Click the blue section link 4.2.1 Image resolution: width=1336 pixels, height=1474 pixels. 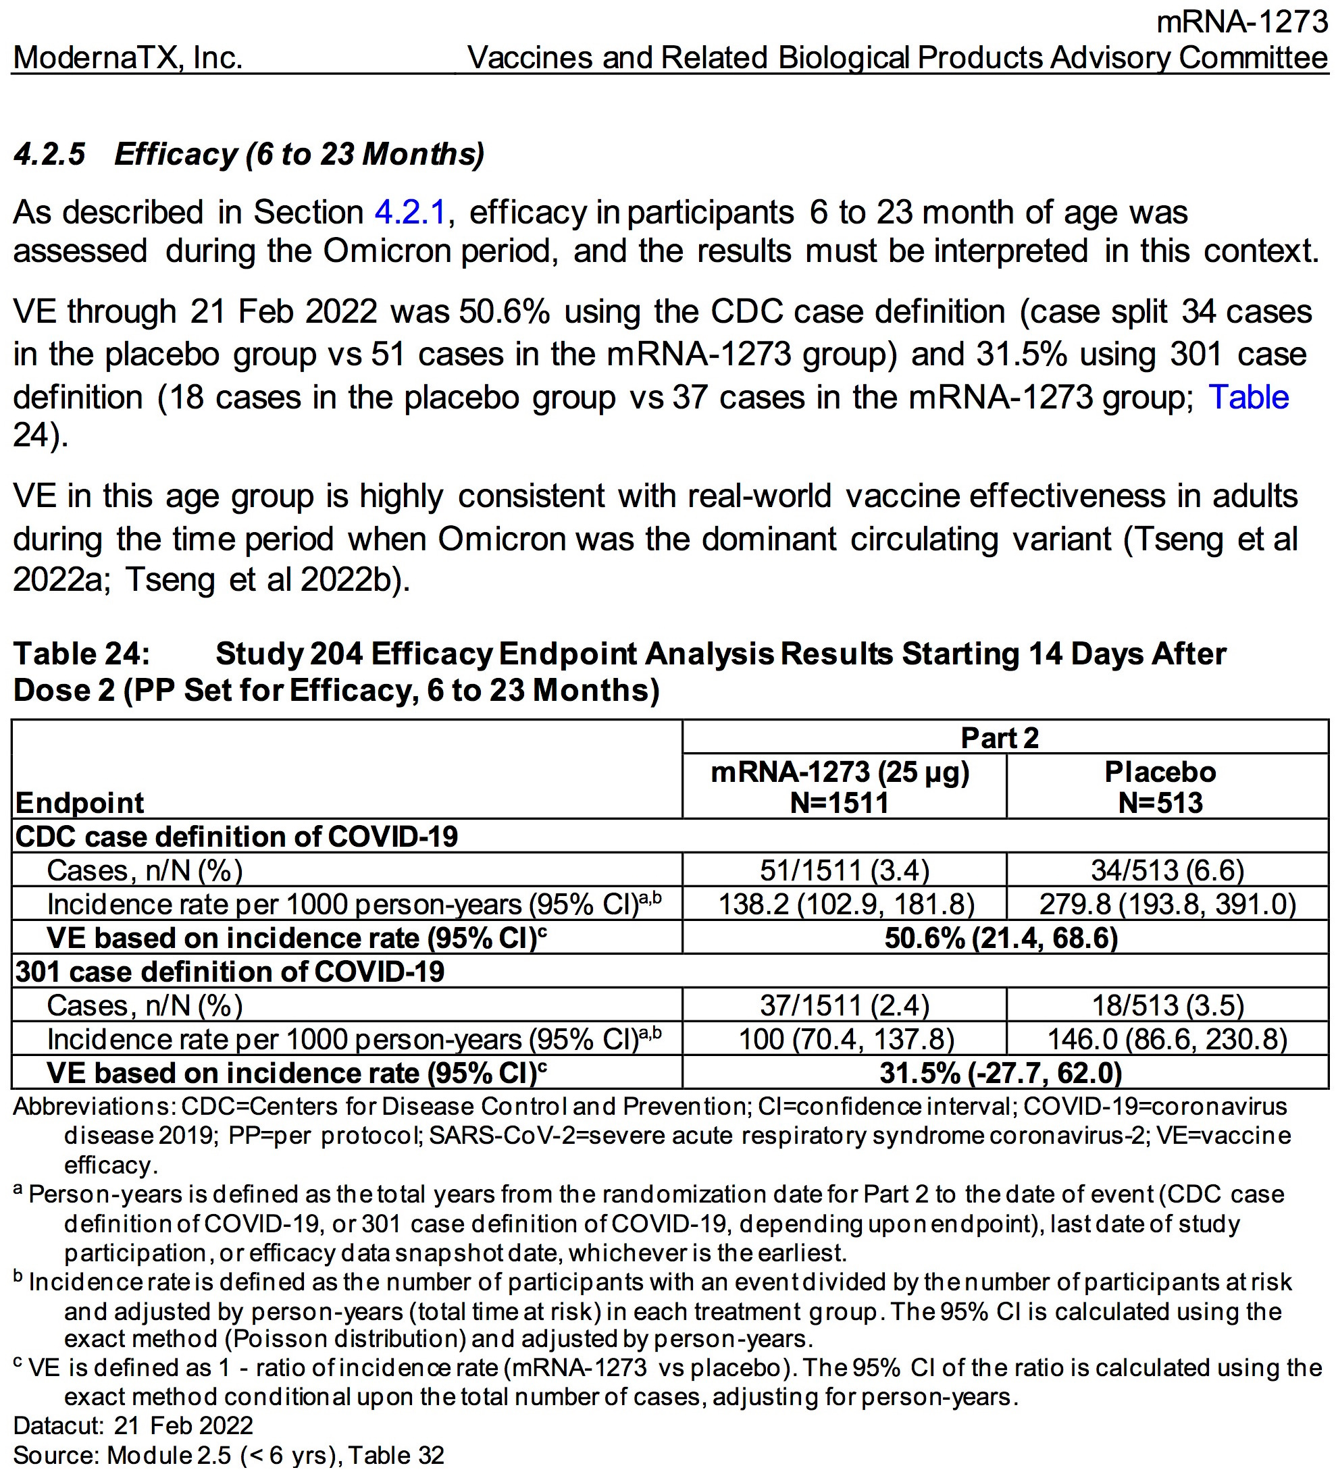point(409,213)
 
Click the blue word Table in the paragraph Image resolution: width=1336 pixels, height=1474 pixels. point(1248,397)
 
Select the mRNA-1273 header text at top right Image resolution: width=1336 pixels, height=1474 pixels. point(1241,22)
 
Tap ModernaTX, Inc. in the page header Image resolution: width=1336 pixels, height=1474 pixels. point(128,58)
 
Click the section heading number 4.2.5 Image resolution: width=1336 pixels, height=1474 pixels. point(50,154)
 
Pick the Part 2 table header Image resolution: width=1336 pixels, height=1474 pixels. point(999,737)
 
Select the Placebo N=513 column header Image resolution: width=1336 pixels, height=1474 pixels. point(1160,787)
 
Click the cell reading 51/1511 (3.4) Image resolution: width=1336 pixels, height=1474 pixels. point(844,870)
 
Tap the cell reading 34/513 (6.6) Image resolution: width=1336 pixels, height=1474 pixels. point(1167,870)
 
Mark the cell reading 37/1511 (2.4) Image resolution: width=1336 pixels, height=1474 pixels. point(844,1005)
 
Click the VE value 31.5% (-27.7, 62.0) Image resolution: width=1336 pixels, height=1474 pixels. point(1000,1073)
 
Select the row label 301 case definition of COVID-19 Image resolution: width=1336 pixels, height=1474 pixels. point(230,972)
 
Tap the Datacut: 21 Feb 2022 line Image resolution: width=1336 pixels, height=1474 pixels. point(133,1425)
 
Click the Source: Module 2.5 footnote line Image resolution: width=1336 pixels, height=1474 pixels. point(228,1455)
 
